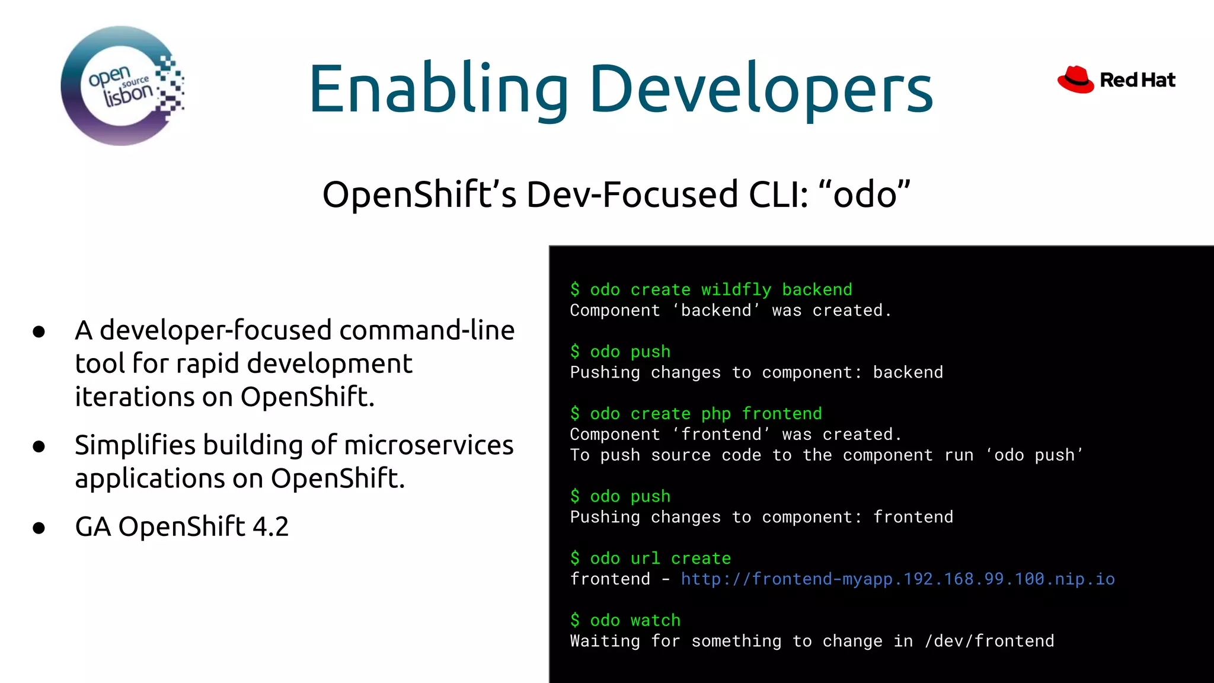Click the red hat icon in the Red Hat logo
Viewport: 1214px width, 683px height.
pos(1075,79)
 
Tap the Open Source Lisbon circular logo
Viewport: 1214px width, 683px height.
pos(122,86)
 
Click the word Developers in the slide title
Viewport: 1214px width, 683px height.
pos(761,89)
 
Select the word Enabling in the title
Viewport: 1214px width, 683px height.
pos(438,89)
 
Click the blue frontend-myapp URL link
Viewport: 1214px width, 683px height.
pos(897,579)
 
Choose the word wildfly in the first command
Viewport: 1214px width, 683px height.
pos(736,289)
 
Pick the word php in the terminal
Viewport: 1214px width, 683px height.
pos(715,414)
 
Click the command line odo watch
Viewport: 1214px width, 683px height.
pos(625,620)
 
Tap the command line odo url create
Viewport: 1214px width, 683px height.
pos(650,558)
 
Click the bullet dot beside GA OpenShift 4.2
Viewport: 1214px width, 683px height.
pos(39,528)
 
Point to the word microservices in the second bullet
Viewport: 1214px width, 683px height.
pos(429,445)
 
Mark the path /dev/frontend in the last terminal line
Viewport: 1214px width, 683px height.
pos(989,641)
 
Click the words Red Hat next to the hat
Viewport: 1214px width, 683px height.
pos(1137,80)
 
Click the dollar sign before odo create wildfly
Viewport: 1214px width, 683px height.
pos(574,289)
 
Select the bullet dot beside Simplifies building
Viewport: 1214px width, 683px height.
pos(39,446)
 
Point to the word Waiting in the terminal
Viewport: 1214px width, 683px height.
pos(605,641)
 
